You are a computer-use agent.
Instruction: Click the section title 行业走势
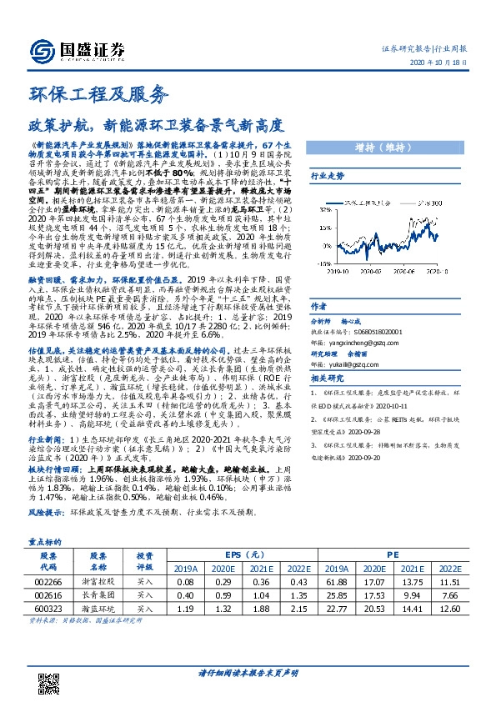click(327, 176)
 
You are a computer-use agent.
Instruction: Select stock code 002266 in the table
click(48, 580)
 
